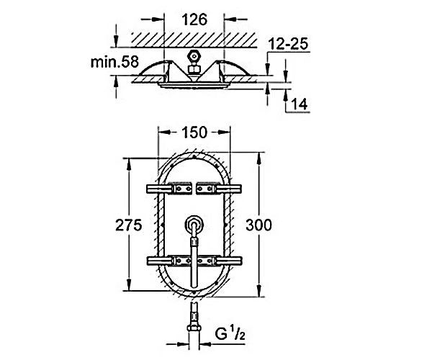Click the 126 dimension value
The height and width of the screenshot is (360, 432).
(194, 20)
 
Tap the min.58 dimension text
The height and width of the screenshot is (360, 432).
(114, 62)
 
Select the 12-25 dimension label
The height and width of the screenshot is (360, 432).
(288, 44)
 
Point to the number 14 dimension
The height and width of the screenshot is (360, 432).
(299, 104)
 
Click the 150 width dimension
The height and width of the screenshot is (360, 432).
(194, 132)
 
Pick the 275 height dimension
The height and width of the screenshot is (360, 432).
(129, 225)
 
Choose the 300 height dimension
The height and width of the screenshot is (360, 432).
(258, 225)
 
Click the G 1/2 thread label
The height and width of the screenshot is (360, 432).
(230, 333)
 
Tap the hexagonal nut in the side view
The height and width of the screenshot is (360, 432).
(194, 56)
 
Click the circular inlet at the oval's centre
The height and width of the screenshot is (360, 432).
(194, 224)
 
